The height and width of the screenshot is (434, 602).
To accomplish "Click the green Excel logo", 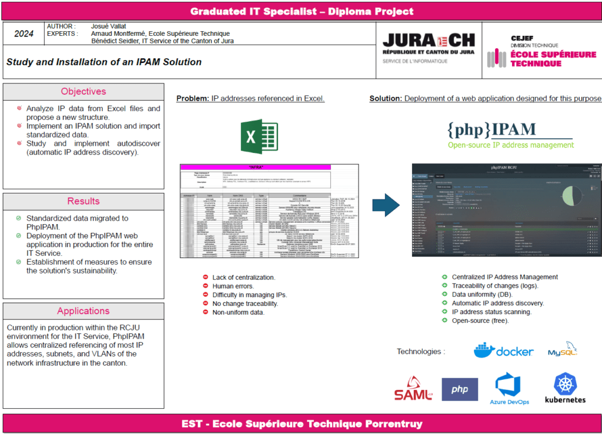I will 259,136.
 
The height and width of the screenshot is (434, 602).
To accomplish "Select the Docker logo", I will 504,350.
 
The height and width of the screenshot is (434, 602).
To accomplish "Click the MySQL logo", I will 563,350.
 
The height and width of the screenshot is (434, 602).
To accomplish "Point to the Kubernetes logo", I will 565,388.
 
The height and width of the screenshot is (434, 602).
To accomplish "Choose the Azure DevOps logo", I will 509,389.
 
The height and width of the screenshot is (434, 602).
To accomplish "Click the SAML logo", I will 413,390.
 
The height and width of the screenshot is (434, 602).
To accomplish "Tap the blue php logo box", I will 459,389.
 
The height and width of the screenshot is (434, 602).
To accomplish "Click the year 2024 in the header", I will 24,34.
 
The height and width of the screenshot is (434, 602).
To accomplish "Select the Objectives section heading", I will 83,92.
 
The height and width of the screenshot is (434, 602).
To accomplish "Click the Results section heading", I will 83,201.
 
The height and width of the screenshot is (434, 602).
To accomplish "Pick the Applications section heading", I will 83,311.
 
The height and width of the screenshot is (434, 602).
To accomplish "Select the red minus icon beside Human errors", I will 205,286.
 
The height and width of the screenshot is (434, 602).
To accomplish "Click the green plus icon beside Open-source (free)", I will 444,321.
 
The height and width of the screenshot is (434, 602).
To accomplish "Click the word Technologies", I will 419,352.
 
